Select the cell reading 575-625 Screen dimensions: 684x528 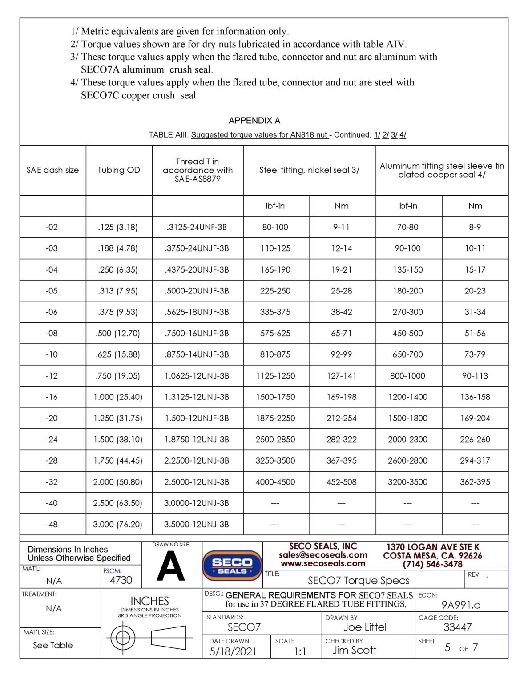pos(275,333)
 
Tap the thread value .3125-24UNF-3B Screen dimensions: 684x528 pos(197,227)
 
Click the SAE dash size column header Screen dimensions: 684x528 pos(52,170)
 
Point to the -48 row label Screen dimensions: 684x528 pos(52,525)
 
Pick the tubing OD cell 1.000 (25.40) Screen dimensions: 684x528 pos(118,397)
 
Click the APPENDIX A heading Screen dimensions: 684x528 pos(254,121)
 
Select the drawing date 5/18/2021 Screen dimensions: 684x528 pos(233,651)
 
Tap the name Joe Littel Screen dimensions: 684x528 pos(365,627)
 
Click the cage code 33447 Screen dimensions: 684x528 pos(457,627)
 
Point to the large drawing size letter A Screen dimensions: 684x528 pos(171,566)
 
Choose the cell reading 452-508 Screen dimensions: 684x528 pos(341,482)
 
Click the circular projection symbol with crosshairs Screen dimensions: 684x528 pos(123,638)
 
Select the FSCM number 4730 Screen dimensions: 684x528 pos(121,580)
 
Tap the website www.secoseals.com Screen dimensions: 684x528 pos(323,563)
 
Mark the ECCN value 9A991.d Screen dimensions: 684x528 pos(461,605)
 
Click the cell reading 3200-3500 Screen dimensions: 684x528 pos(407,482)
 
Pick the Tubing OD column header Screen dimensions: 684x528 pos(119,170)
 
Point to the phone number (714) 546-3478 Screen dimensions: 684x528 pos(432,564)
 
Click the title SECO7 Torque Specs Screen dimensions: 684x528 pos(359,580)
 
